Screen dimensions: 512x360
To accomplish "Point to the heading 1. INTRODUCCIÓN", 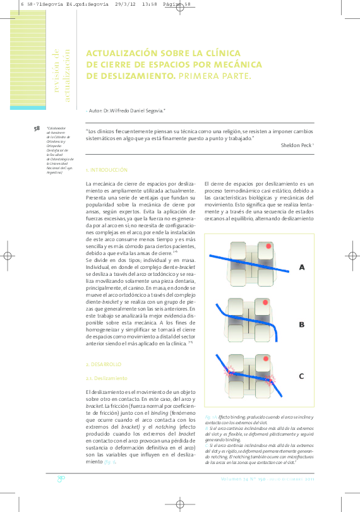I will click(x=107, y=170).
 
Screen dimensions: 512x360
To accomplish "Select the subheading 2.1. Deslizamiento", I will click(x=106, y=378).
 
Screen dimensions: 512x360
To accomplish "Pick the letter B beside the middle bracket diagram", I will click(x=301, y=324).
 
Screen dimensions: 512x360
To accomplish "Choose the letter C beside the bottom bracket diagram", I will click(x=301, y=376).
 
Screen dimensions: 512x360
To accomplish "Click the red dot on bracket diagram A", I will click(x=268, y=246).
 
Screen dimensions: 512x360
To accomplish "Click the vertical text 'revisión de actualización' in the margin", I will click(x=61, y=77).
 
